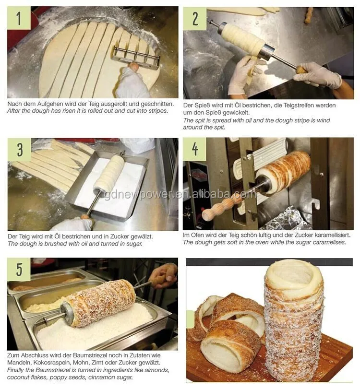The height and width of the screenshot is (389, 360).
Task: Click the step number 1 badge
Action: coord(19,18)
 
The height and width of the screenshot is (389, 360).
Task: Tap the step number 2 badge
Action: coord(195,19)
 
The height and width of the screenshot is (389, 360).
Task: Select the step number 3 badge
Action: coord(19,150)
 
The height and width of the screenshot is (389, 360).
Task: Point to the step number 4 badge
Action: coord(195,149)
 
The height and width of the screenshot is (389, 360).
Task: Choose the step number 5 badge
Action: coord(19,270)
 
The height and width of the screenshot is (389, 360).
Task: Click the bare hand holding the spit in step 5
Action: coord(164,275)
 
